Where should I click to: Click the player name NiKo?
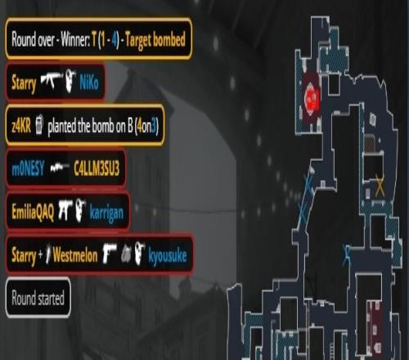tap(89, 82)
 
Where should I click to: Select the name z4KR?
tap(21, 126)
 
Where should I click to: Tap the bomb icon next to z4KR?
tap(39, 125)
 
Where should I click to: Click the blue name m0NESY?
tap(28, 169)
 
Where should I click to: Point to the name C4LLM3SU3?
tap(97, 169)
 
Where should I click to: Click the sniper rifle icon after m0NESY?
tap(60, 167)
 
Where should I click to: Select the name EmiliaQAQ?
tap(33, 212)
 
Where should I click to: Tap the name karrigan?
tap(106, 214)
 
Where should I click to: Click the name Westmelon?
tap(75, 255)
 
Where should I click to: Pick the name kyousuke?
tap(168, 256)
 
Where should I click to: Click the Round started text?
tap(38, 298)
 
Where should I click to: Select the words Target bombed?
tap(155, 40)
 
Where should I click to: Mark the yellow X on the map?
tap(380, 186)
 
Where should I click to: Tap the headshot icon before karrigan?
tap(81, 210)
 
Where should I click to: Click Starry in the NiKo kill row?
tap(24, 83)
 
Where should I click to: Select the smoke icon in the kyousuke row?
tap(126, 255)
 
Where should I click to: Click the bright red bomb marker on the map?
tap(312, 99)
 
